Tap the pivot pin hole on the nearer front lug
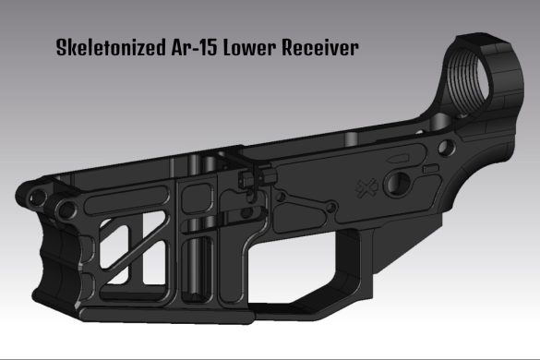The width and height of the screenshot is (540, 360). (x=66, y=206)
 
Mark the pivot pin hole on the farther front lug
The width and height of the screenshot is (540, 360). (x=35, y=196)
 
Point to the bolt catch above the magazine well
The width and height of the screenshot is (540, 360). (x=247, y=177)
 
